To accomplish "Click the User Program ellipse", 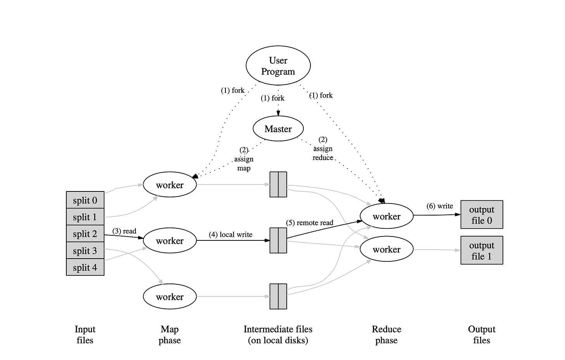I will click(278, 66).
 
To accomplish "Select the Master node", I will click(278, 129).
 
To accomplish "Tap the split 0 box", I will click(85, 200).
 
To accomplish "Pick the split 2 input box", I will click(85, 234).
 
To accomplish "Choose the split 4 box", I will click(85, 268).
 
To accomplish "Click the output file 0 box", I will click(482, 215).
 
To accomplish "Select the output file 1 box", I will click(482, 250).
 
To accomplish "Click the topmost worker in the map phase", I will click(170, 185).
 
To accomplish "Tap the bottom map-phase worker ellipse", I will click(170, 297).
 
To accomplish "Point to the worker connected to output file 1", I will click(386, 249).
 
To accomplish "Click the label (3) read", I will click(124, 231).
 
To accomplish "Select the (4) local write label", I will click(231, 235).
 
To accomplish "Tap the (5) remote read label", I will click(310, 223).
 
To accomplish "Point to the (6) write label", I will click(440, 206).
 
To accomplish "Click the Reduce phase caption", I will click(386, 335).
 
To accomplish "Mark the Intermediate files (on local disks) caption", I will click(278, 335).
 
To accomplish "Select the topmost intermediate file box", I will click(278, 184).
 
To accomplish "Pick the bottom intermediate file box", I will click(278, 296).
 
